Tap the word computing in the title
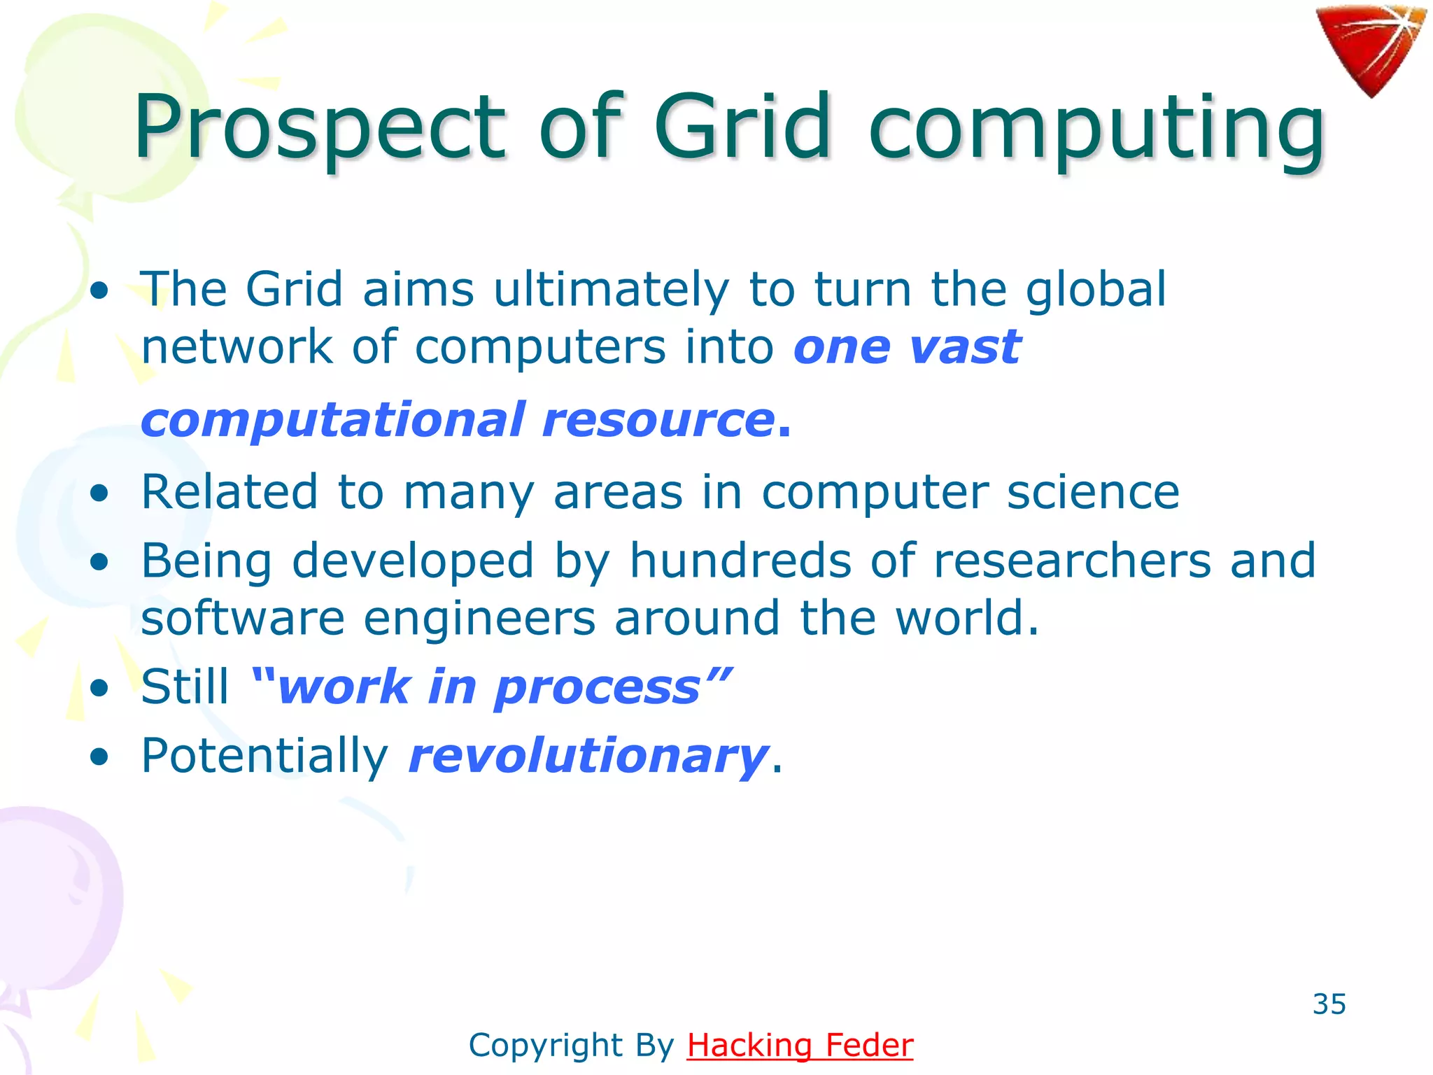(1096, 129)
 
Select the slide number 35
(1329, 1004)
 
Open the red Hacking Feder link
(800, 1045)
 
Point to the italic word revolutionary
(588, 757)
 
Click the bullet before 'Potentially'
(100, 757)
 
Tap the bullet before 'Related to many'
(100, 492)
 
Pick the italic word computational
(333, 420)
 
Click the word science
(1093, 492)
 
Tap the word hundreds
(740, 561)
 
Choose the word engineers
(479, 619)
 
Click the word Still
(185, 687)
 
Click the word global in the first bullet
(1096, 290)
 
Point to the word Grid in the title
(742, 127)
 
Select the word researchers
(1072, 561)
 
